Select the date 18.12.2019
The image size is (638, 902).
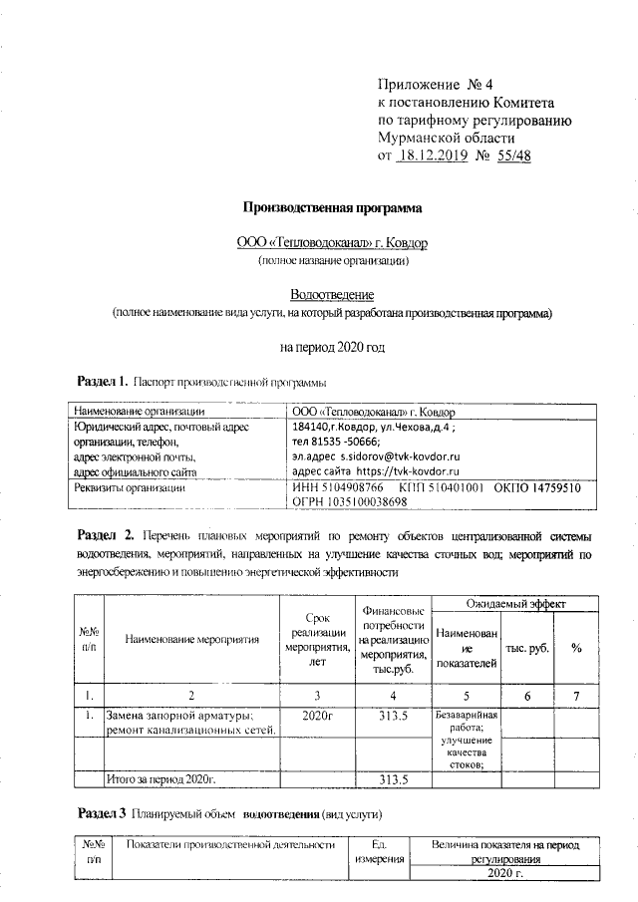(438, 156)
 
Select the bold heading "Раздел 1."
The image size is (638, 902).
(103, 382)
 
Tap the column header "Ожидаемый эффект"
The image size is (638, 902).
(516, 604)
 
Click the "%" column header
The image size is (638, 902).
(576, 648)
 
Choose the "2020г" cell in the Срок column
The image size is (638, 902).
(316, 716)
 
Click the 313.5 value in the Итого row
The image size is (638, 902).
(392, 778)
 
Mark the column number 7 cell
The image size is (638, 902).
(576, 695)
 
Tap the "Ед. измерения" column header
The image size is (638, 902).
(378, 851)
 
